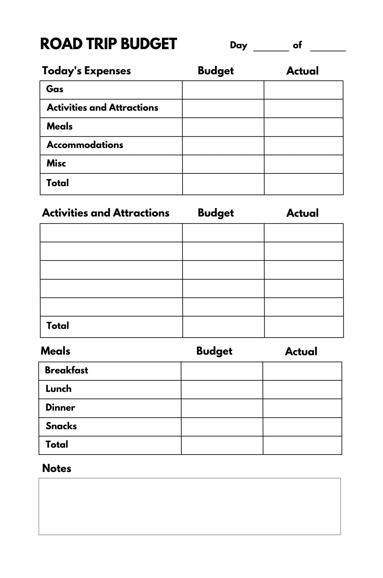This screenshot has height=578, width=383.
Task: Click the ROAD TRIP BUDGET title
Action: (108, 44)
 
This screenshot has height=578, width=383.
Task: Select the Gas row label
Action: (55, 89)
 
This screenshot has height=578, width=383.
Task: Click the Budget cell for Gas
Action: (223, 90)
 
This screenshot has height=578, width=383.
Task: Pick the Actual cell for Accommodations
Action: (303, 146)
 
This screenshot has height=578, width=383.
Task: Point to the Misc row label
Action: (56, 163)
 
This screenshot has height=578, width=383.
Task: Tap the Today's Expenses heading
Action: (86, 71)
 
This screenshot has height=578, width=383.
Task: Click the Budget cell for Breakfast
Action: (222, 371)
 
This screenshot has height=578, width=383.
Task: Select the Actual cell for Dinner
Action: (302, 408)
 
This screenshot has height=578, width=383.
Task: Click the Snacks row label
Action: (61, 426)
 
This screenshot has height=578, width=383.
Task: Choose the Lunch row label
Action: (59, 389)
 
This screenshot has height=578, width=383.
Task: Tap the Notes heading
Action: (57, 468)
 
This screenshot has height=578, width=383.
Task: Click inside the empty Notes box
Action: (189, 506)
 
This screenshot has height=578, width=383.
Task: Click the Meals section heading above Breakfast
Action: (56, 351)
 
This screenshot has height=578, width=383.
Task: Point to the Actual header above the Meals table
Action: (301, 351)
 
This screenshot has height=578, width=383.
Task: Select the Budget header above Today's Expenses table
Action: (216, 71)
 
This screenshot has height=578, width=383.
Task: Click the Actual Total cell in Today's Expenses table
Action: (303, 184)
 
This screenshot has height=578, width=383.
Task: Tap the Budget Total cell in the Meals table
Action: (222, 445)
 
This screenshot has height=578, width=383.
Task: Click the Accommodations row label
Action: (85, 145)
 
